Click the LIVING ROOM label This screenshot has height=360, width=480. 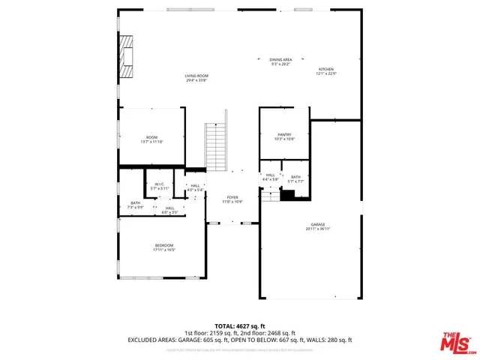coord(196,76)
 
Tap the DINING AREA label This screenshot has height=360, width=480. coord(280,59)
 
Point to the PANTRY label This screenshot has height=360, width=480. coord(283,135)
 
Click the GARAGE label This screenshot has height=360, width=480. coord(318,224)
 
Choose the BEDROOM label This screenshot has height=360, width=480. coord(163,245)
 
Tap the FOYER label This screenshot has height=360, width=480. coord(232,198)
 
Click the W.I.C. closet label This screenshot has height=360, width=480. coord(159,184)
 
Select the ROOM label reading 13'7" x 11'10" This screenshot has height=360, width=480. coord(151,137)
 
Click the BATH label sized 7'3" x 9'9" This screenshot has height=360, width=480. coord(135,202)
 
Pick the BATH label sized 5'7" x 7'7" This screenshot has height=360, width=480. coord(295,177)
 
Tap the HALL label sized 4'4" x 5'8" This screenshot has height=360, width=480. coord(270,175)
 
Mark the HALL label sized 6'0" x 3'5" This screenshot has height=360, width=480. coord(169,208)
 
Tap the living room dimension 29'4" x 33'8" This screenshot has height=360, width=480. coord(196,79)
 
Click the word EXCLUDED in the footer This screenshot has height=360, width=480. coord(147,340)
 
